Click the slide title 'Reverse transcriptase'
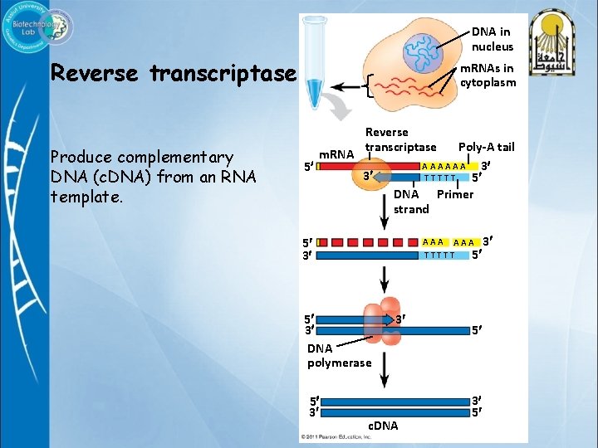173,74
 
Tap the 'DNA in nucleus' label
493,39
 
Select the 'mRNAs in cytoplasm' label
488,75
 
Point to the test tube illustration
315,61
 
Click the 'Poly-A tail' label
486,147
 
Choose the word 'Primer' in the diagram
455,194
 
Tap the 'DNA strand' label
411,202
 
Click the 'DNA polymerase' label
339,356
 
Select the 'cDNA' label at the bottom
382,426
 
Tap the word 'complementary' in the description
176,157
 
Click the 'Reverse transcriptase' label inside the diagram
400,139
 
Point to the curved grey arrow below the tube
337,106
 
